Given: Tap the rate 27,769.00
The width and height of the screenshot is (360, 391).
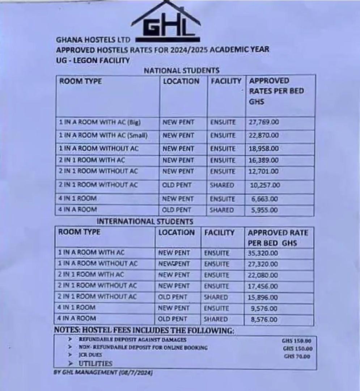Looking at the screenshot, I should (x=264, y=122).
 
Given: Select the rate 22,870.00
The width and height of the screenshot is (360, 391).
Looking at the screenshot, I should (x=264, y=135).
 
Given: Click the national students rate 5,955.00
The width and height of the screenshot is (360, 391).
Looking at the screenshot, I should (x=264, y=210).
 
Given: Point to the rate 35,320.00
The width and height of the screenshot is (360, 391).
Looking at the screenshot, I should (x=263, y=253).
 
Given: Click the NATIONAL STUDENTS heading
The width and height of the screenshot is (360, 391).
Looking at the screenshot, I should (x=182, y=70).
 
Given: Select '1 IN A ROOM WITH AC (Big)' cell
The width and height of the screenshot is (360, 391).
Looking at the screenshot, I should (x=99, y=122).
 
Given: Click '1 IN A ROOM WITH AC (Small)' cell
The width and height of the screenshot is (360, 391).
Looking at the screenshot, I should (x=103, y=135).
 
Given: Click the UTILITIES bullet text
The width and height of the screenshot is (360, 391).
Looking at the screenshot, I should (x=96, y=363).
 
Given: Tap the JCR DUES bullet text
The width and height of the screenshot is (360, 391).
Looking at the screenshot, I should (x=90, y=355).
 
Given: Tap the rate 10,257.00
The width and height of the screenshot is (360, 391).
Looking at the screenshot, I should (x=265, y=185).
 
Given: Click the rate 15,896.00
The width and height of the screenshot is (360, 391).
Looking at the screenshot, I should (x=263, y=298).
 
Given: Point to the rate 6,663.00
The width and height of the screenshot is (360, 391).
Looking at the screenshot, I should (x=264, y=199).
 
